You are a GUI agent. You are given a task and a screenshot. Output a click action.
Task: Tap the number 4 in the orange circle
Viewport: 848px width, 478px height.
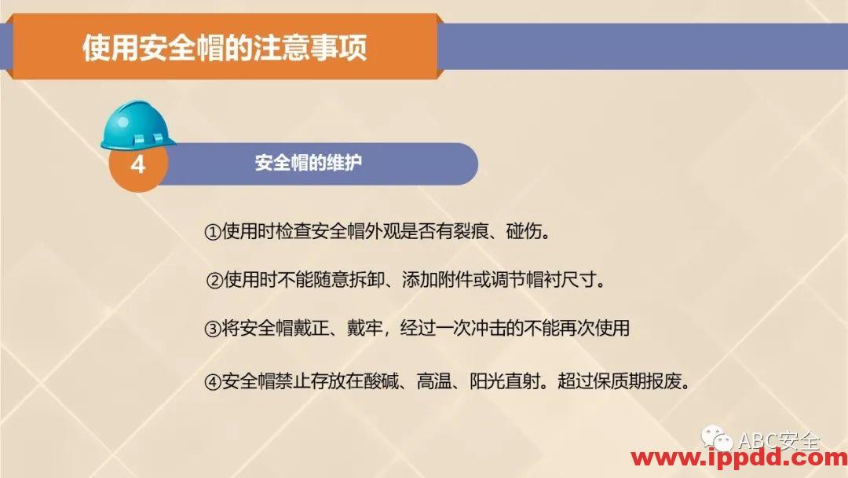pyautogui.click(x=137, y=166)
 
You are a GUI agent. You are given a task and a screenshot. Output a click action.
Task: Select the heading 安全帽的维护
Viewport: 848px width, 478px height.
pyautogui.click(x=309, y=164)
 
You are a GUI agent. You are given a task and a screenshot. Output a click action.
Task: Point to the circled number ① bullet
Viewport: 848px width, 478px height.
pyautogui.click(x=213, y=233)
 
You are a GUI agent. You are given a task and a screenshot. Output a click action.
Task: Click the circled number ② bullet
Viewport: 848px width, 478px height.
pyautogui.click(x=214, y=280)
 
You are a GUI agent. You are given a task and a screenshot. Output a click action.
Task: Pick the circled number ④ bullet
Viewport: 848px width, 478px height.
pyautogui.click(x=213, y=383)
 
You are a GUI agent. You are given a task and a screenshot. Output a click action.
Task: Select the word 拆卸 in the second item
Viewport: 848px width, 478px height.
pyautogui.click(x=365, y=280)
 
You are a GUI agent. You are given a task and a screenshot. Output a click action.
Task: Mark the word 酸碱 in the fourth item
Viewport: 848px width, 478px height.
pyautogui.click(x=375, y=383)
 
